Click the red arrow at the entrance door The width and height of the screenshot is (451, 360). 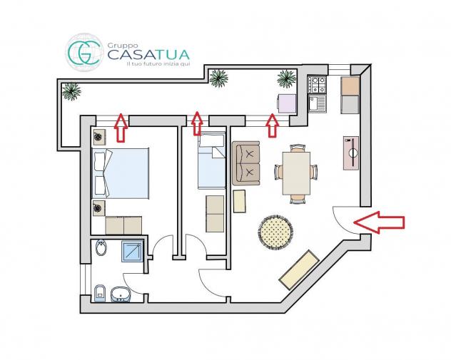pyautogui.click(x=379, y=222)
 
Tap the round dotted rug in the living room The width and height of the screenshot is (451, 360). pyautogui.click(x=275, y=232)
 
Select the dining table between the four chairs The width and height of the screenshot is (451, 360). pyautogui.click(x=296, y=173)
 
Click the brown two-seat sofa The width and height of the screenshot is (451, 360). pyautogui.click(x=246, y=163)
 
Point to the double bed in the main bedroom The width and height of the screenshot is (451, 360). pyautogui.click(x=120, y=173)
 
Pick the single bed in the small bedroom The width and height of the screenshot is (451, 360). pyautogui.click(x=211, y=161)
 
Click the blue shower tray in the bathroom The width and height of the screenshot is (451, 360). pyautogui.click(x=132, y=251)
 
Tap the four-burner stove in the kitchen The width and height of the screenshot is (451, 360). pyautogui.click(x=317, y=85)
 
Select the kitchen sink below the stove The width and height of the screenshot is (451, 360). pyautogui.click(x=317, y=103)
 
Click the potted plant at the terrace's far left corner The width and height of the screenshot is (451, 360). pyautogui.click(x=71, y=91)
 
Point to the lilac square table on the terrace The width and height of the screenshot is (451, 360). pyautogui.click(x=287, y=103)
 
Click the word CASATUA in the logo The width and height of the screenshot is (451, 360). pyautogui.click(x=148, y=55)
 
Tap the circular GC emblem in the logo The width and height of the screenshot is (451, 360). pyautogui.click(x=84, y=52)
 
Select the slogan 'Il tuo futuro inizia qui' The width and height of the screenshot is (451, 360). pyautogui.click(x=158, y=63)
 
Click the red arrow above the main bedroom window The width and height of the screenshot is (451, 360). pyautogui.click(x=121, y=128)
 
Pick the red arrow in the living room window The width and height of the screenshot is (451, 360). pyautogui.click(x=272, y=125)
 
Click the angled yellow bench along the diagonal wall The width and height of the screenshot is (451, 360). pyautogui.click(x=299, y=269)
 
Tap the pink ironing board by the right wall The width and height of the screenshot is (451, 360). pyautogui.click(x=351, y=153)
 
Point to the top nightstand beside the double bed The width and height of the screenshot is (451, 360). pyautogui.click(x=99, y=137)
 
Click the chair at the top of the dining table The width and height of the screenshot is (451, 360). pyautogui.click(x=297, y=148)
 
